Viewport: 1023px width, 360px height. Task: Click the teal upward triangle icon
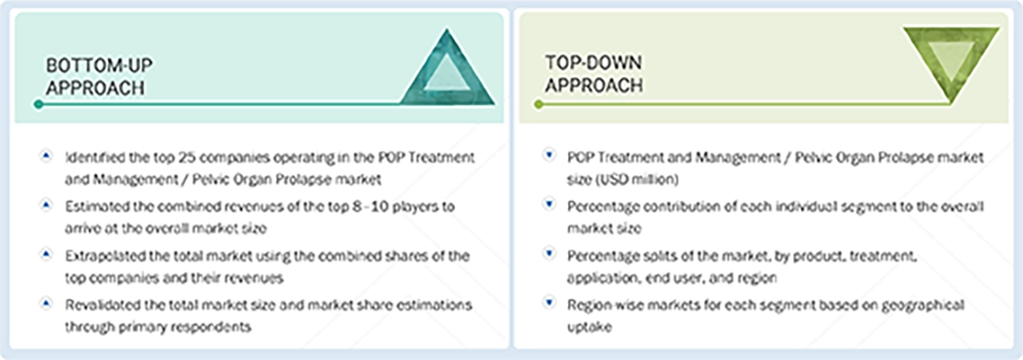point(445,70)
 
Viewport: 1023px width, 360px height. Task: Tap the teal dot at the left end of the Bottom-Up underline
point(38,104)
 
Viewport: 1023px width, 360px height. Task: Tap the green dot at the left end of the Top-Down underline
point(538,104)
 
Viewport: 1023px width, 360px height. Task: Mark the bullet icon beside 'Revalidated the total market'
point(46,303)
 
